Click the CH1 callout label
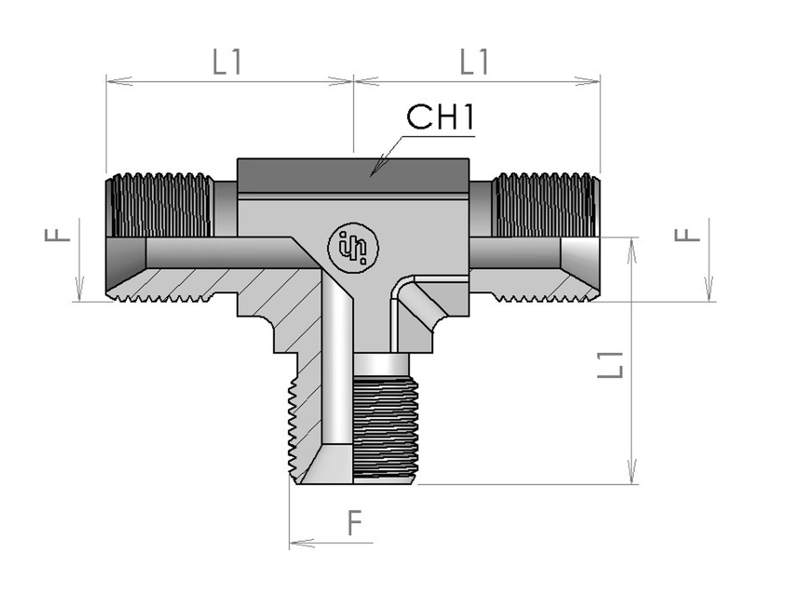pyautogui.click(x=440, y=117)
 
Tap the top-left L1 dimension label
pyautogui.click(x=227, y=62)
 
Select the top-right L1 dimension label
pyautogui.click(x=475, y=62)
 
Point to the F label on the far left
pyautogui.click(x=57, y=235)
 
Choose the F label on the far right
pyautogui.click(x=687, y=235)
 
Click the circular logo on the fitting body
pyautogui.click(x=353, y=248)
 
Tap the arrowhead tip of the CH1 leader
pyautogui.click(x=371, y=176)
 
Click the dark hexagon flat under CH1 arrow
pyautogui.click(x=353, y=175)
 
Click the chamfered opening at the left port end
pyautogui.click(x=126, y=253)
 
